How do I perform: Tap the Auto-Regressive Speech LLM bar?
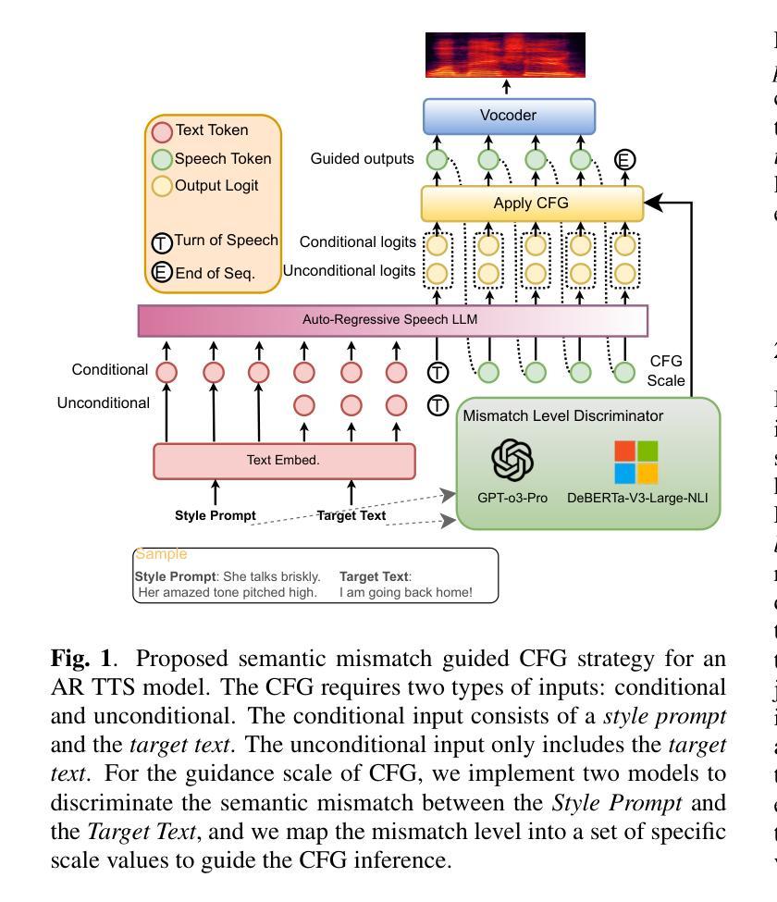coord(393,321)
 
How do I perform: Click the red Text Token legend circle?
coord(163,130)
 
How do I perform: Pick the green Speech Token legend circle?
coord(163,158)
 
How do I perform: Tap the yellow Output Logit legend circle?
coord(163,186)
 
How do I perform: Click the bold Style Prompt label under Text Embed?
coord(216,515)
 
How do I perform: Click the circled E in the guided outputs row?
coord(625,159)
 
